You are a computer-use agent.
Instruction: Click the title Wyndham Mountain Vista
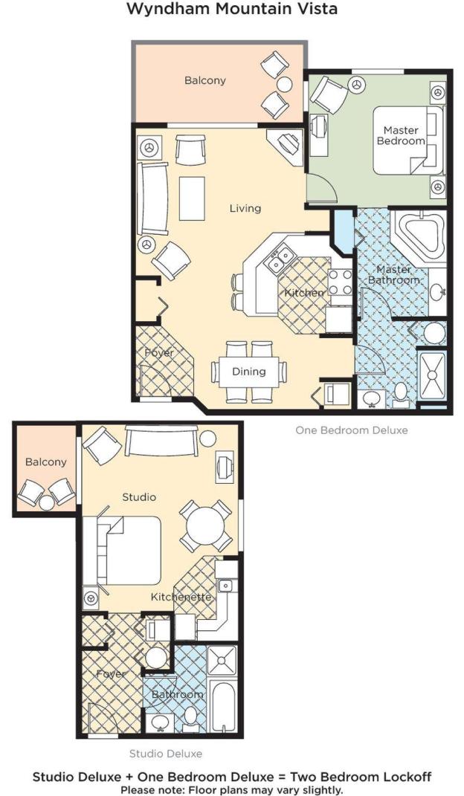click(231, 9)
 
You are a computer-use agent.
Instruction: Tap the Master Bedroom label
click(401, 135)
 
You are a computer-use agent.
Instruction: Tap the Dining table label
click(249, 371)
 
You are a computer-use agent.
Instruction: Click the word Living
click(245, 208)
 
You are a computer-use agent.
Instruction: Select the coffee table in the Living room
click(192, 198)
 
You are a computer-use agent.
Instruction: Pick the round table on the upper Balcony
click(284, 83)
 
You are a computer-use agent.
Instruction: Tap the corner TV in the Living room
click(286, 146)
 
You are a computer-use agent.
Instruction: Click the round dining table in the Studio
click(205, 526)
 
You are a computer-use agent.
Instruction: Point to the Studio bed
click(123, 550)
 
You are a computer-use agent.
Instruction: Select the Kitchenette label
click(181, 597)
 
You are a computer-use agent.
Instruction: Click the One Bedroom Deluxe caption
click(352, 430)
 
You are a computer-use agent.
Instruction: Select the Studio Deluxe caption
click(166, 754)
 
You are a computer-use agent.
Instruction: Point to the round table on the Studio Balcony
click(47, 502)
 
